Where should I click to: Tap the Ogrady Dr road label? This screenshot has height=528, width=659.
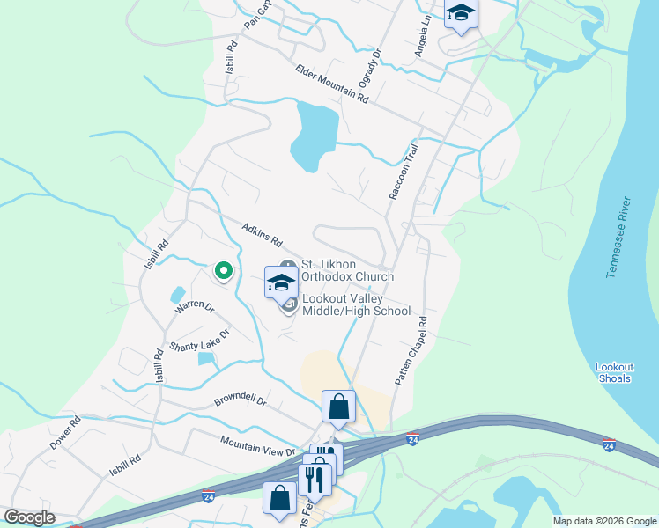tap(367, 74)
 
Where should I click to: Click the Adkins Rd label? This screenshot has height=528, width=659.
tap(263, 235)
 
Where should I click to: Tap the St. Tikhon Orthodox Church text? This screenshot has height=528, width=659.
tap(347, 269)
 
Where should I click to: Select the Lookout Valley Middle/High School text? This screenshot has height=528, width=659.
tap(356, 304)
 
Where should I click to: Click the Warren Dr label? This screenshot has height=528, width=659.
tap(194, 307)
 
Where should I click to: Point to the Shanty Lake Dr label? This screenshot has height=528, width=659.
tap(199, 334)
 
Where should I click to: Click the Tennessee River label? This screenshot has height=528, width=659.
tap(620, 238)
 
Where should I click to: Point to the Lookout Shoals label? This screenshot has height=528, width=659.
tap(612, 372)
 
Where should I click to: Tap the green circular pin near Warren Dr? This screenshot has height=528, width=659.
tap(224, 271)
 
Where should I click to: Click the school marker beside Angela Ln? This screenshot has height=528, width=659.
tap(461, 15)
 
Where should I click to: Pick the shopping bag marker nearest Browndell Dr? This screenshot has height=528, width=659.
tap(338, 406)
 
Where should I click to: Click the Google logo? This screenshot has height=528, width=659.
tap(30, 517)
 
